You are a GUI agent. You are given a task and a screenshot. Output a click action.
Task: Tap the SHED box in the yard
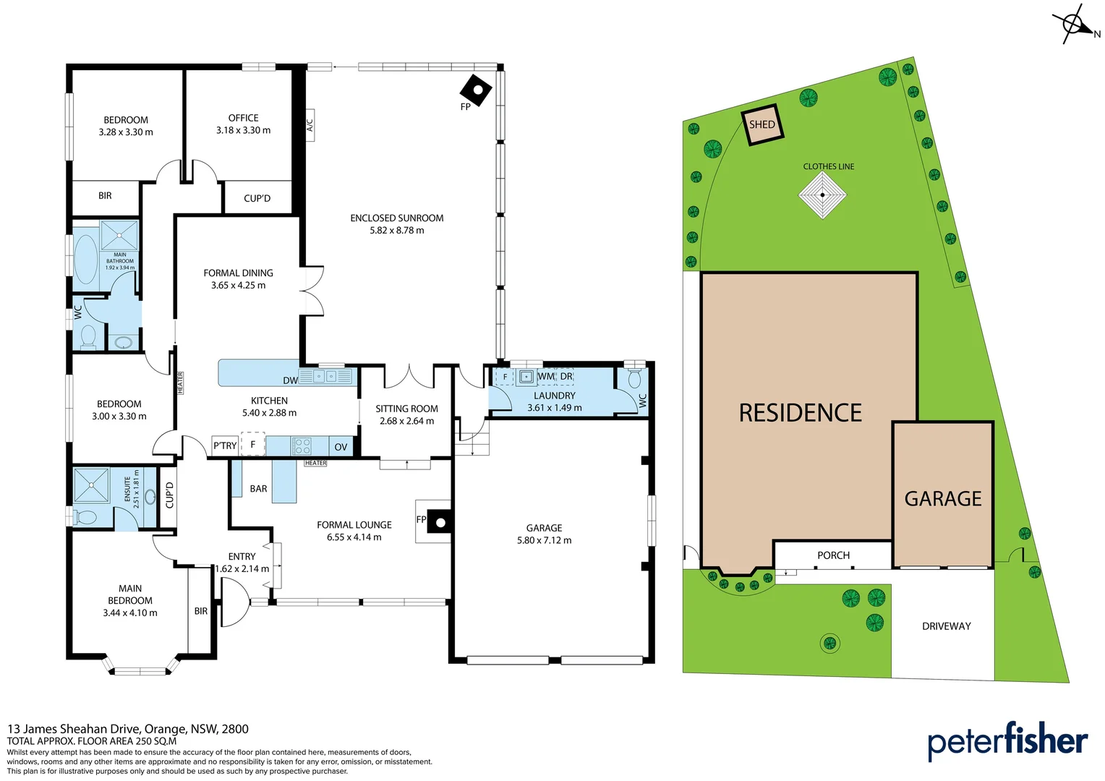pyautogui.click(x=762, y=124)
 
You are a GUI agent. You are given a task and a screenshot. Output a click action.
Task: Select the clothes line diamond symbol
pyautogui.click(x=822, y=195)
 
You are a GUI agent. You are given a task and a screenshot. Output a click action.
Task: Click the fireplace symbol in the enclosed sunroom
pyautogui.click(x=476, y=90)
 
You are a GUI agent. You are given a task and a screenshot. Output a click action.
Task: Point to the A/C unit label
pyautogui.click(x=310, y=125)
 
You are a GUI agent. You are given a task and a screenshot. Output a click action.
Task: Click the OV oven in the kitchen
pyautogui.click(x=341, y=446)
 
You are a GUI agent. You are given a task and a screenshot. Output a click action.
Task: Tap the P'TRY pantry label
pyautogui.click(x=225, y=445)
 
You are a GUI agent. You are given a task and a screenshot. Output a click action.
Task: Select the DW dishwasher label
pyautogui.click(x=290, y=380)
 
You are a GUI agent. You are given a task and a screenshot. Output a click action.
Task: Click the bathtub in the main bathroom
pyautogui.click(x=86, y=258)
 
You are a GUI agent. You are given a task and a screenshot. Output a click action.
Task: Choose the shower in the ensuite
pyautogui.click(x=91, y=485)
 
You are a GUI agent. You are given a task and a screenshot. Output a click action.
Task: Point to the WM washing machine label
pyautogui.click(x=546, y=377)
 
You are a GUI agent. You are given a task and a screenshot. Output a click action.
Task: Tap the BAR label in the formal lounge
pyautogui.click(x=258, y=489)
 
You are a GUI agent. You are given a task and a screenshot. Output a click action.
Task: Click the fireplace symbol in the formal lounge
pyautogui.click(x=439, y=521)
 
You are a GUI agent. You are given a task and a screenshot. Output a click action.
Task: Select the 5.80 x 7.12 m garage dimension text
pyautogui.click(x=544, y=540)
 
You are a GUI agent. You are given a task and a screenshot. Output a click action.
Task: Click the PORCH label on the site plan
pyautogui.click(x=833, y=555)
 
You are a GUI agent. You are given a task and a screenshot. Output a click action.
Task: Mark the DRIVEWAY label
pyautogui.click(x=946, y=626)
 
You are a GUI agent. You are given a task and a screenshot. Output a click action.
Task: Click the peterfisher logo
pyautogui.click(x=1007, y=741)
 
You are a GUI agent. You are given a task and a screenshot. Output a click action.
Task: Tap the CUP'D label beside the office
pyautogui.click(x=257, y=198)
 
